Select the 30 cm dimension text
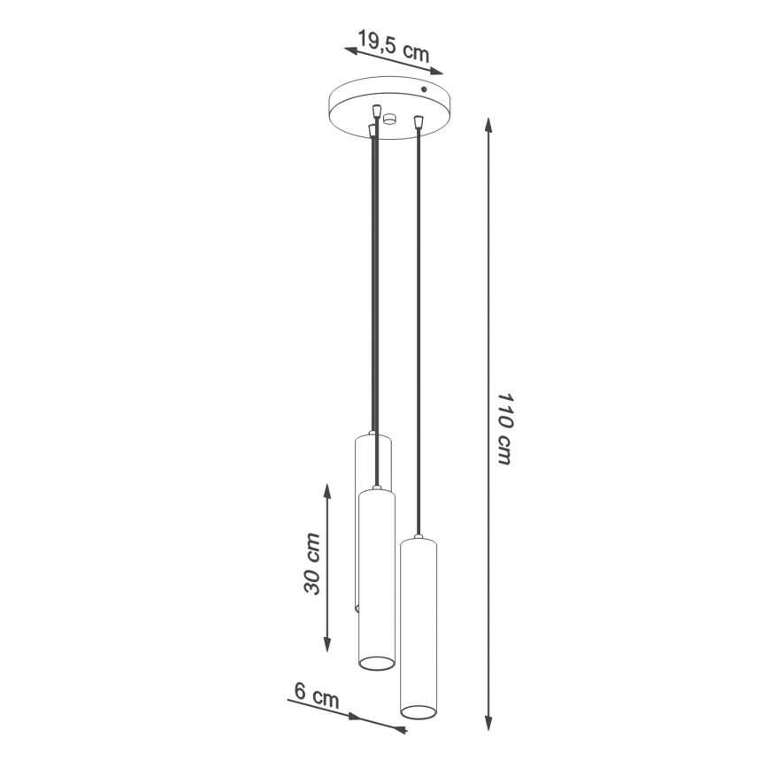point(311,564)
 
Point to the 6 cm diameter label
point(315,695)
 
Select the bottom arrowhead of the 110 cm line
point(489,726)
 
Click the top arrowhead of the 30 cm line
point(327,490)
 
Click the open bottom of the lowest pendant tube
point(419,710)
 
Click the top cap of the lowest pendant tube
point(417,539)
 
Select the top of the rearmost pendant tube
point(372,436)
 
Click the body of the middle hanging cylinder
point(376,575)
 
